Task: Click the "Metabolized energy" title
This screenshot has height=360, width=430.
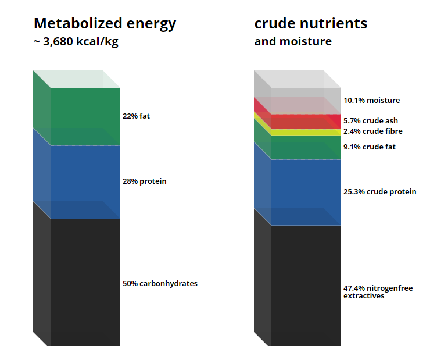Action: pyautogui.click(x=105, y=24)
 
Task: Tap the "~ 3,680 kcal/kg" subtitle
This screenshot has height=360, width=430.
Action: pyautogui.click(x=76, y=42)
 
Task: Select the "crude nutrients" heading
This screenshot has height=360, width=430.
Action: pyautogui.click(x=311, y=23)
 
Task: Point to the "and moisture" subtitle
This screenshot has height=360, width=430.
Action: pyautogui.click(x=293, y=41)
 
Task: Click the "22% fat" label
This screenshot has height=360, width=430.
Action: pyautogui.click(x=136, y=116)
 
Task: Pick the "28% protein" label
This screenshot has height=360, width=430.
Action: pyautogui.click(x=144, y=181)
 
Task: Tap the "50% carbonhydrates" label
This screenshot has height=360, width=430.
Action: pyautogui.click(x=160, y=283)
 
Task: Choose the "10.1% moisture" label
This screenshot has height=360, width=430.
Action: pyautogui.click(x=371, y=101)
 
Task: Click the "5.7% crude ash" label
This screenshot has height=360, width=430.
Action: pyautogui.click(x=371, y=121)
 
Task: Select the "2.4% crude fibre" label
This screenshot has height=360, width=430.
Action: pyautogui.click(x=373, y=131)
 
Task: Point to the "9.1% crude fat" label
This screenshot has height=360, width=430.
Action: pyautogui.click(x=370, y=147)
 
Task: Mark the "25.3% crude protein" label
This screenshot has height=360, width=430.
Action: pyautogui.click(x=380, y=191)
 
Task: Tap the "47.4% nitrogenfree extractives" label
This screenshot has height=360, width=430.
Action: pyautogui.click(x=378, y=292)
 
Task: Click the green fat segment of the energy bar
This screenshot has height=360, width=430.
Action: pyautogui.click(x=85, y=117)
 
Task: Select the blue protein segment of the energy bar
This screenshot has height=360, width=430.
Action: pyautogui.click(x=85, y=182)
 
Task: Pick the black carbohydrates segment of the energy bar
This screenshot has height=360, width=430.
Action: pyautogui.click(x=85, y=282)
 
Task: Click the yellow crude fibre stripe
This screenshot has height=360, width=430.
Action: pyautogui.click(x=306, y=132)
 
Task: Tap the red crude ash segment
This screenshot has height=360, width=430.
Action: pyautogui.click(x=306, y=122)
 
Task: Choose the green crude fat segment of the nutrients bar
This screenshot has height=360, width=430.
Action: pyautogui.click(x=306, y=148)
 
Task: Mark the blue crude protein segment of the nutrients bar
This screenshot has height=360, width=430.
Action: pyautogui.click(x=306, y=193)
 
